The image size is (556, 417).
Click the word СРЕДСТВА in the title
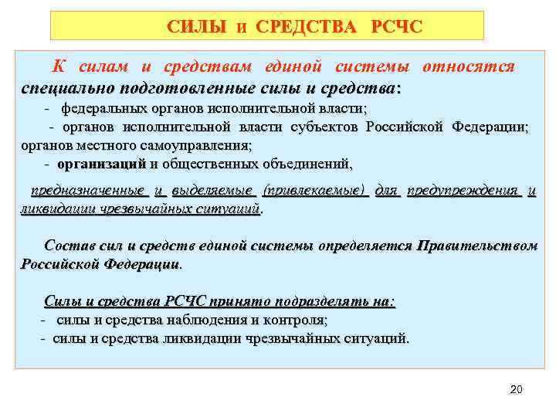point(307,28)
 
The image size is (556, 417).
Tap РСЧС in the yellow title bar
point(397,28)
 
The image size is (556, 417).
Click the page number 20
point(517,389)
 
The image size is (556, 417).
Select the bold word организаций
point(101,164)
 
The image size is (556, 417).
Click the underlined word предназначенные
point(86,190)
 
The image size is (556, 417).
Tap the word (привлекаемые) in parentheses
point(314,190)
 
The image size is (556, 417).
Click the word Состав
point(70,246)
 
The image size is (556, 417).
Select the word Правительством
point(476,246)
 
